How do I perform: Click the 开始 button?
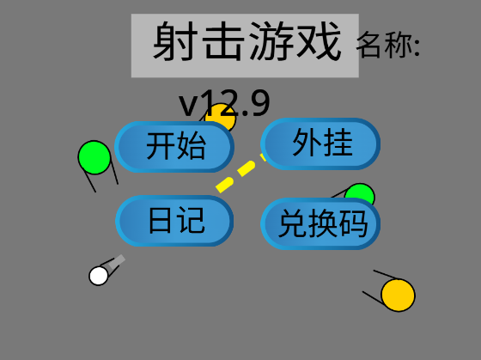tap(174, 147)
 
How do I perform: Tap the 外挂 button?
tap(320, 143)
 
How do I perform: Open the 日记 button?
tap(174, 221)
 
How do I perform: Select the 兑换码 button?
tap(320, 223)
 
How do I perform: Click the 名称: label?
tap(388, 46)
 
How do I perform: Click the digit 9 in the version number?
tap(260, 102)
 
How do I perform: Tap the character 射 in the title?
tap(174, 41)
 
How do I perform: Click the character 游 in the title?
tap(270, 41)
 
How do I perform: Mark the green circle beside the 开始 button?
tap(94, 157)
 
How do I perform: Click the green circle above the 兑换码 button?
tap(360, 193)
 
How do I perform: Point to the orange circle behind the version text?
tap(220, 116)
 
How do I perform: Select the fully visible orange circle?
tap(398, 295)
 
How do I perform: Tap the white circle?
tap(99, 276)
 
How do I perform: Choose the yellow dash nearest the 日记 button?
tap(225, 185)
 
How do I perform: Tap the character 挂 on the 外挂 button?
tap(338, 143)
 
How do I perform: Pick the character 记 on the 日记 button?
tap(192, 220)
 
